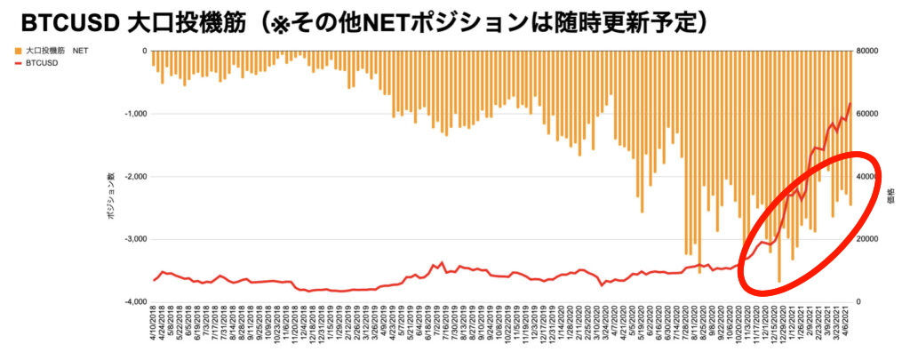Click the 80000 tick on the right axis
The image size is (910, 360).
(x=867, y=52)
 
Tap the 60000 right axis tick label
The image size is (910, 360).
(x=867, y=114)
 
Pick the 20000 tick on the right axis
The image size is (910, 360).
(x=867, y=239)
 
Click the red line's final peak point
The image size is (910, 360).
(x=850, y=103)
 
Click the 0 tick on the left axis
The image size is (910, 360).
(x=143, y=52)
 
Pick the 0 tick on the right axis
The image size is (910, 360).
(x=858, y=302)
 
